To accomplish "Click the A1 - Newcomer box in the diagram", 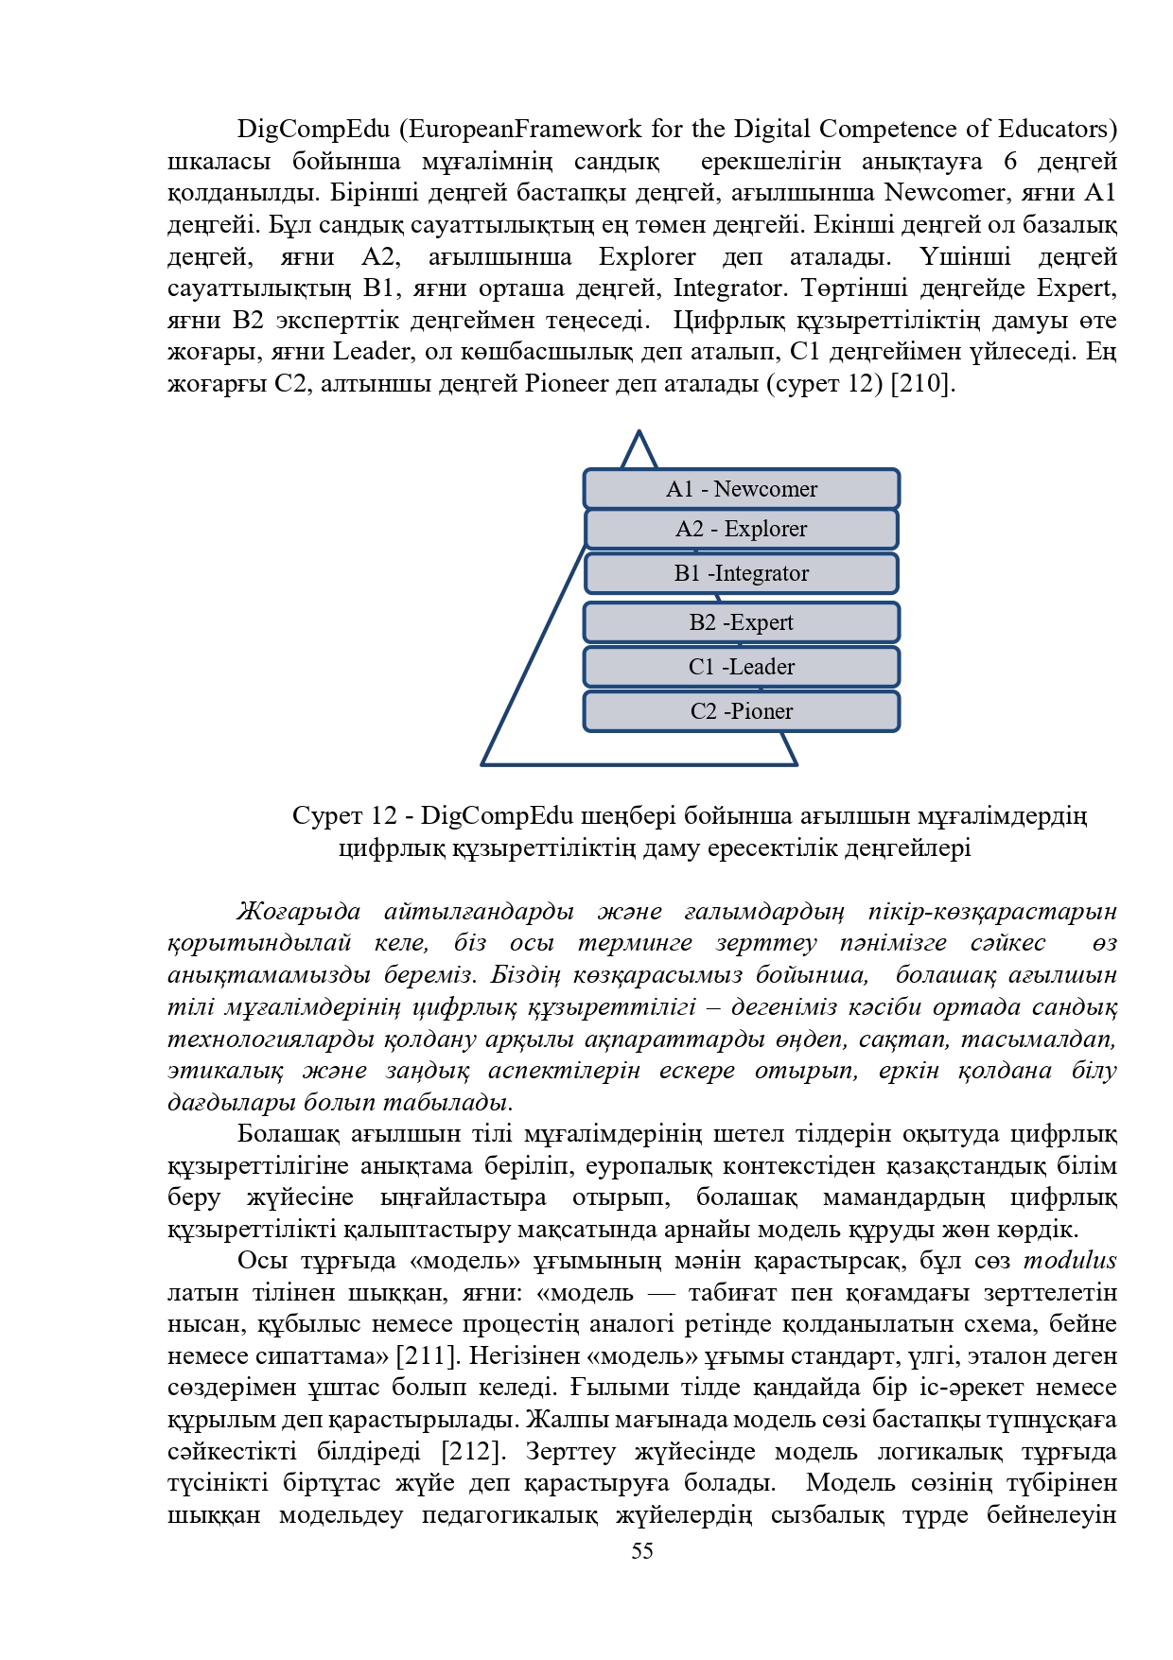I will [741, 489].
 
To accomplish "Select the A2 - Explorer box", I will [741, 529].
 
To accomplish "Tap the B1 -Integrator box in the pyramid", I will [741, 573].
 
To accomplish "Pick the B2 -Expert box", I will [741, 622].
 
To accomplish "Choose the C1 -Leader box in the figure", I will [741, 667].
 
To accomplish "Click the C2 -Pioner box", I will [741, 711].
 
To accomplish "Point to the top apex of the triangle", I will [639, 433].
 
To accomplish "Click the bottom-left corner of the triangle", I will [483, 762].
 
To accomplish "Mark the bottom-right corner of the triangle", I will [796, 762].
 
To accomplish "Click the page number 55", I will [642, 1550].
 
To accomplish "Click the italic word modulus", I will [1070, 1260].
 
